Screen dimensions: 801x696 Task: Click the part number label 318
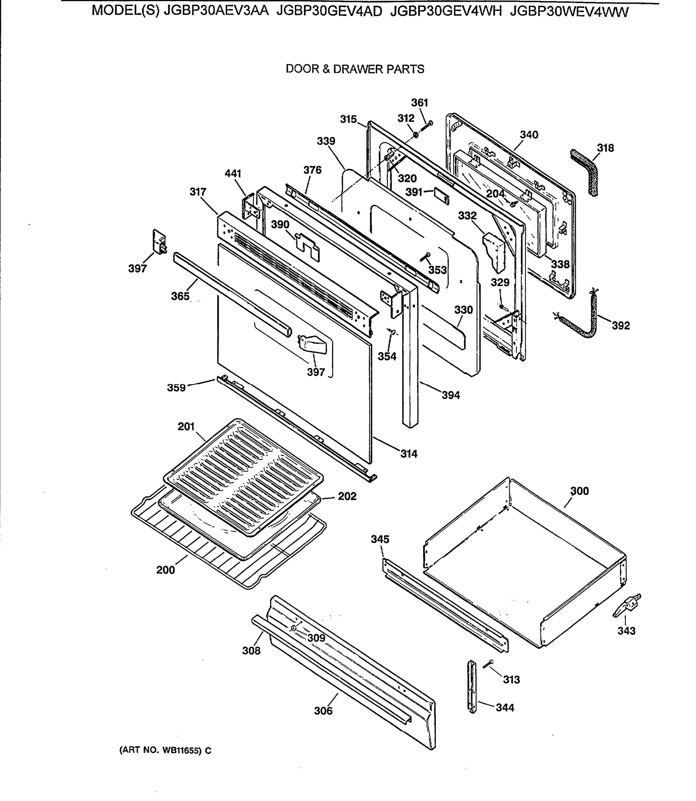605,148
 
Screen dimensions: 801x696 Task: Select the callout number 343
627,631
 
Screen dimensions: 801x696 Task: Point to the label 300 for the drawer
579,491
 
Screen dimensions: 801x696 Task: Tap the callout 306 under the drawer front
323,711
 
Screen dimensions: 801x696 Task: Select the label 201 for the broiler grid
186,427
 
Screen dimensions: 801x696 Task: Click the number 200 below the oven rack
165,570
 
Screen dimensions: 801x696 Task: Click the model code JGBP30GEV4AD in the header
329,12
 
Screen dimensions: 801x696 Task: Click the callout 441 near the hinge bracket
233,174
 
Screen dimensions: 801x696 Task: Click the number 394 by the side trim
451,395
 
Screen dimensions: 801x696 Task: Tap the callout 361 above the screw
419,103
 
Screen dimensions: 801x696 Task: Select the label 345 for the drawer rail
380,539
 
